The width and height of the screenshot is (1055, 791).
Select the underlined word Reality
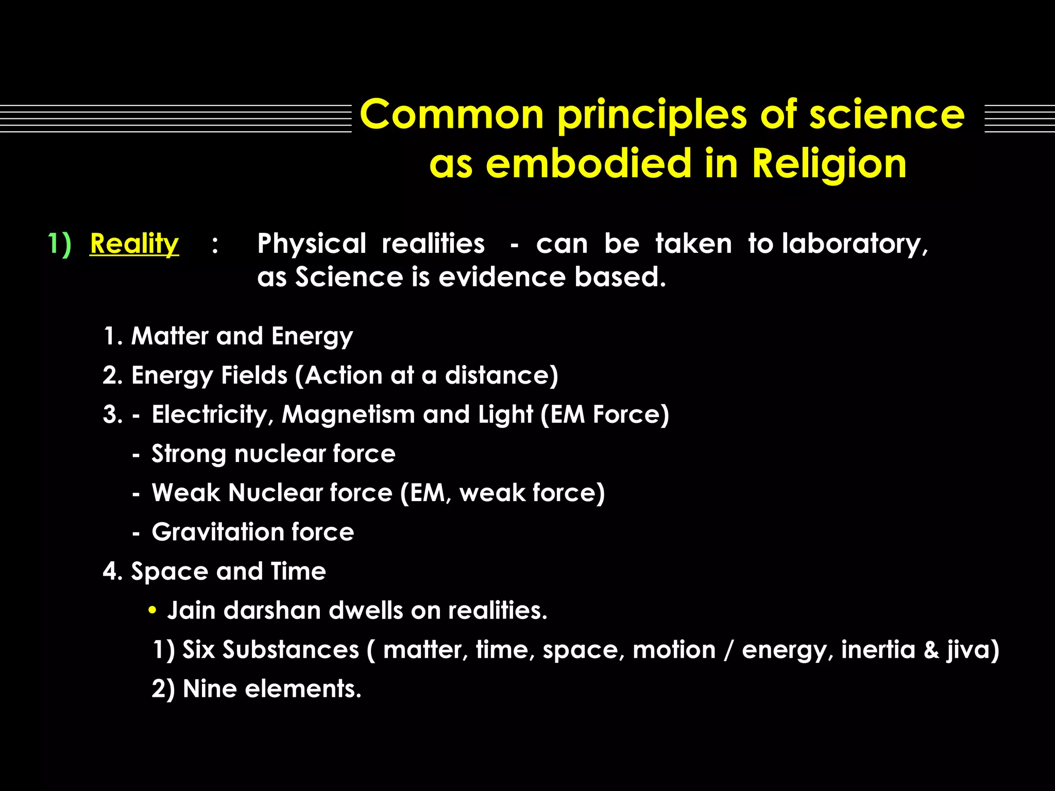click(x=134, y=243)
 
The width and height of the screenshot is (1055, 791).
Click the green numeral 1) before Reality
click(x=59, y=243)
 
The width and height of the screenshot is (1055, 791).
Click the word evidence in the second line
click(x=502, y=277)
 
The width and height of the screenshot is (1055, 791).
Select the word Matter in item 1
click(x=169, y=336)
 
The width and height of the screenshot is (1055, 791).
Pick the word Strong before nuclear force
click(x=189, y=454)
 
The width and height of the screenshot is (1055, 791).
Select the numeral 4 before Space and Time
click(x=110, y=571)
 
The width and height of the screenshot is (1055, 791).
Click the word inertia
click(x=878, y=649)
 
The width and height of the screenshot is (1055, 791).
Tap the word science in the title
click(x=887, y=114)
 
